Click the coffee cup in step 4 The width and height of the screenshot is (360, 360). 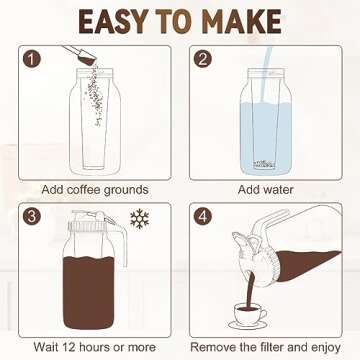tap(244, 305)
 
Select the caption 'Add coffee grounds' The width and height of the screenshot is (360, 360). tap(95, 189)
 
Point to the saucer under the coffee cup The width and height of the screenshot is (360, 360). tap(244, 322)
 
